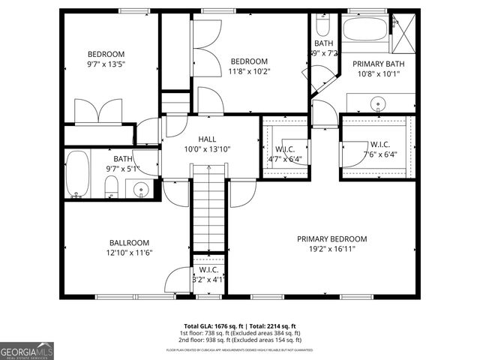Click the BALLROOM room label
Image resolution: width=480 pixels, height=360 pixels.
click(129, 243)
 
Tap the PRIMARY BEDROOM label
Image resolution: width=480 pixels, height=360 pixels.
click(331, 239)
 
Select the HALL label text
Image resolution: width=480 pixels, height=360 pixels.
click(207, 139)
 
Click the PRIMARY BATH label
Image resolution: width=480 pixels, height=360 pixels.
click(378, 64)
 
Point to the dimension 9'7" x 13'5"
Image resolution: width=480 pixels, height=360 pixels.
click(106, 64)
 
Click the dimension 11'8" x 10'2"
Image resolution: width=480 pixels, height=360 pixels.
click(249, 71)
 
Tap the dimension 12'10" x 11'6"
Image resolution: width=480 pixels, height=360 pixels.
click(129, 253)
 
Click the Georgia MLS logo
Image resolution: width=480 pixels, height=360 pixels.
click(27, 349)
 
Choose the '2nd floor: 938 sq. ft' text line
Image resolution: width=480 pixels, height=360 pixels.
click(239, 340)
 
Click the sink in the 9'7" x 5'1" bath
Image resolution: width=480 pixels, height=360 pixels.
click(139, 188)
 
